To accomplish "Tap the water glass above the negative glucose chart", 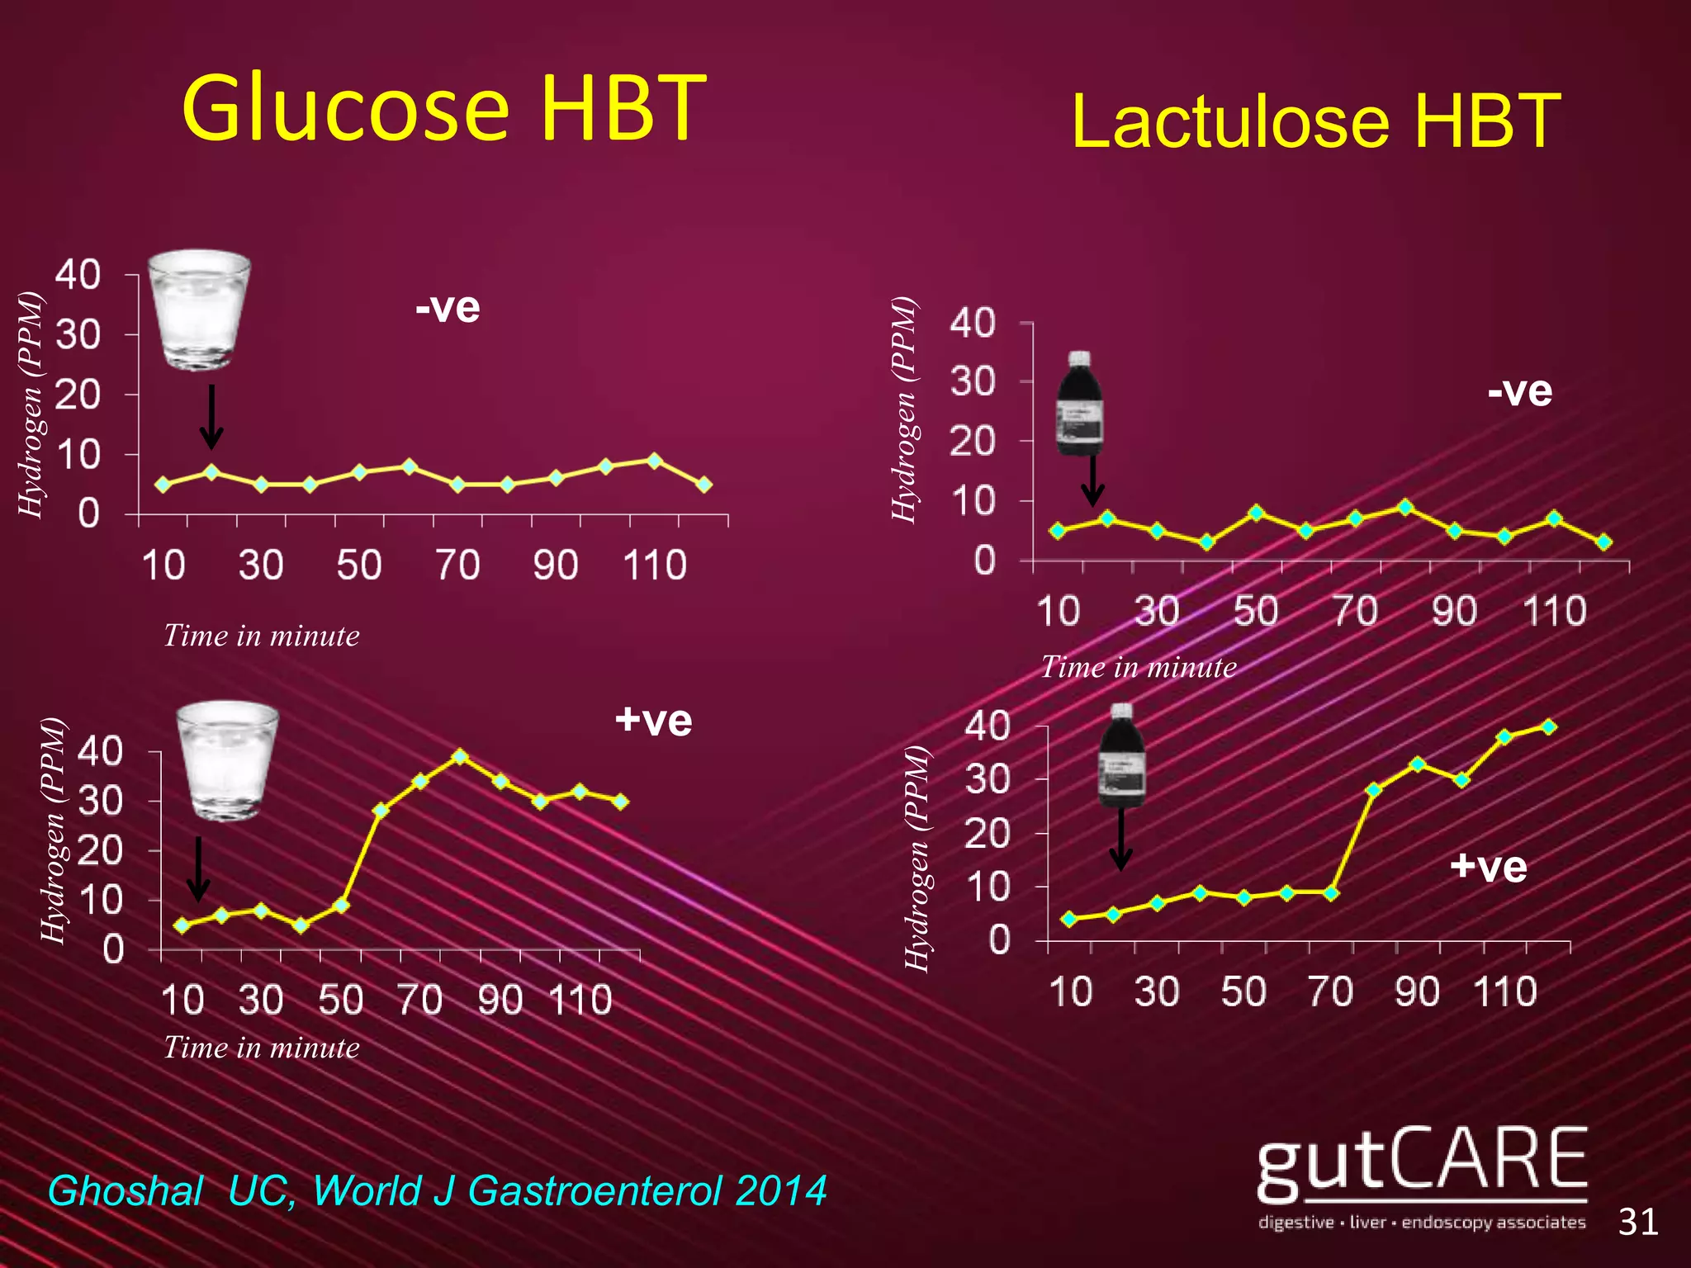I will click(199, 310).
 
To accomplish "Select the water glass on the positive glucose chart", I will click(227, 760).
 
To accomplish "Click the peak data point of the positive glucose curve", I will click(461, 756).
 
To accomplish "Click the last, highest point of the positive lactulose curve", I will click(1549, 726).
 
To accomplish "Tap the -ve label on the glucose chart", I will click(448, 307).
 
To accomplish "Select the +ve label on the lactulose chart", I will click(1488, 867).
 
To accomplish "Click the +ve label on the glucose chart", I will click(653, 721).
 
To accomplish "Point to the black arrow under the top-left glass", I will click(212, 417).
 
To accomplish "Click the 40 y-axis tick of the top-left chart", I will click(78, 275).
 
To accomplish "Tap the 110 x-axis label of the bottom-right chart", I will click(1505, 991).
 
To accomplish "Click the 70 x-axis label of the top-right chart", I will click(1355, 612).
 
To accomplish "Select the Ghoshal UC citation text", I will click(437, 1190).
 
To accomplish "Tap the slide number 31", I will click(1638, 1222).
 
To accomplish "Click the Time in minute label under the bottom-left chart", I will click(262, 1048).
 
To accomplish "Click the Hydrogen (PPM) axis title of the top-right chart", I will click(905, 409).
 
